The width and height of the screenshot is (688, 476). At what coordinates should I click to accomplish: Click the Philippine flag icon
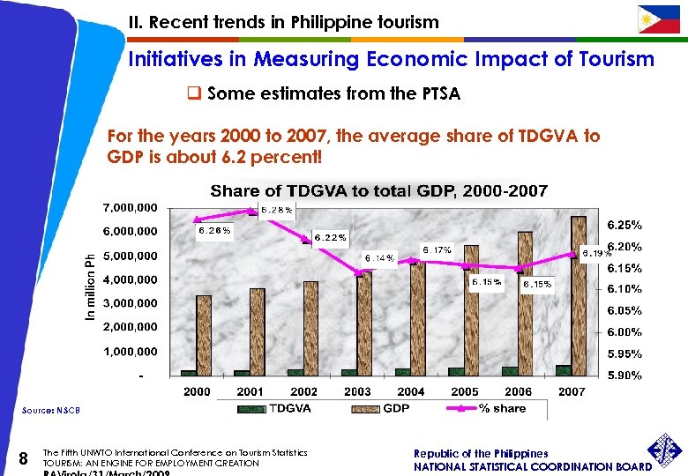(x=659, y=19)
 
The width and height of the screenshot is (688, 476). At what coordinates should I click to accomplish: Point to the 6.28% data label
(x=277, y=210)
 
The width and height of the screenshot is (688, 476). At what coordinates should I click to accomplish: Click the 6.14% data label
(x=379, y=257)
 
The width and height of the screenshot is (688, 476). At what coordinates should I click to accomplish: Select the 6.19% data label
(x=596, y=253)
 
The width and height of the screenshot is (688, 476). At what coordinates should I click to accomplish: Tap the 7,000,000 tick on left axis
(x=131, y=207)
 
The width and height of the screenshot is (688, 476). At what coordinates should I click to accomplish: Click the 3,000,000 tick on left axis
(x=131, y=303)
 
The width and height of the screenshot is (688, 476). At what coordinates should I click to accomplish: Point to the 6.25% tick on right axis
(x=623, y=225)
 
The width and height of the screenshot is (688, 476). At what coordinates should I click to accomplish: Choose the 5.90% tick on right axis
(x=623, y=376)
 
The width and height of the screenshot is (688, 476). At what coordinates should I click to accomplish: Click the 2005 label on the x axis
(x=465, y=391)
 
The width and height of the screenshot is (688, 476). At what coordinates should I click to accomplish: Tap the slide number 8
(x=25, y=457)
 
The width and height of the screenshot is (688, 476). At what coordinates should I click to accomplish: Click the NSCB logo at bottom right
(x=667, y=455)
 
